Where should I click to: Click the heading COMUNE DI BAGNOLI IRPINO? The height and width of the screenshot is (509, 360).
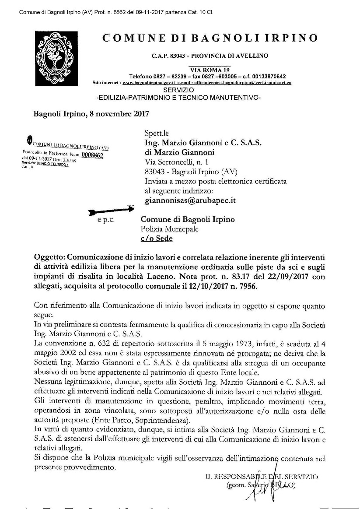coord(210,38)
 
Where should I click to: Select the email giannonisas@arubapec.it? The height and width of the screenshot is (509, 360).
coord(190,200)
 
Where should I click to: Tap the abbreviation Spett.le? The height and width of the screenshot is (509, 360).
coord(156,133)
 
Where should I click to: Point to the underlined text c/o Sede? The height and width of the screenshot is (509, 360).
coord(156,238)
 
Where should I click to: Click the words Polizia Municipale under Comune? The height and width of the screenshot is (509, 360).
coord(169,228)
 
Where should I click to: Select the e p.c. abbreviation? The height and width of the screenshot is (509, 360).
coord(106,220)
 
